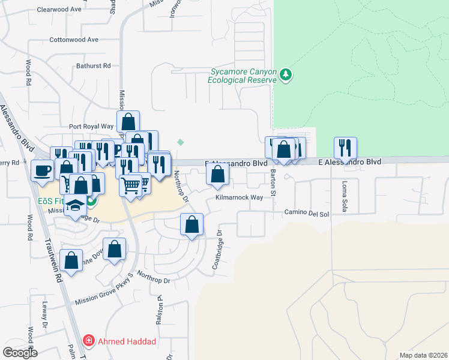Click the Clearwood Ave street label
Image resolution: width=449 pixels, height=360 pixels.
(x=59, y=10)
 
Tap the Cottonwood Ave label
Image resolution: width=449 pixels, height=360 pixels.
(x=74, y=40)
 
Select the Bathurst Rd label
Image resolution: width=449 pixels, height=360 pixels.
(x=94, y=65)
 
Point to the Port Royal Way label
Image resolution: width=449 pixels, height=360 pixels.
(x=91, y=127)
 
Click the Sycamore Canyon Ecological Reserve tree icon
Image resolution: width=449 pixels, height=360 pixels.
(x=287, y=74)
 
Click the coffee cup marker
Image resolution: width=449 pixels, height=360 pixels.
(x=42, y=170)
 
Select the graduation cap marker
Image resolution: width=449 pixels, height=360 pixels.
(x=75, y=205)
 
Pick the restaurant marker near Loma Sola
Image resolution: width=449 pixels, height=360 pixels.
(x=345, y=147)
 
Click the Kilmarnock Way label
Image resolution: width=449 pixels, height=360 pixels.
(x=240, y=197)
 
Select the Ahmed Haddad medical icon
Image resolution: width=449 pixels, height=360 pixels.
(x=89, y=341)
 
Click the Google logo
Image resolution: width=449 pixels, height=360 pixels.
(x=19, y=352)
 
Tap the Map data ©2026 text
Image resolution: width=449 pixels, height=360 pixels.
(x=423, y=355)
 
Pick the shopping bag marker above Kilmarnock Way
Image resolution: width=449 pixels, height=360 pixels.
(x=217, y=174)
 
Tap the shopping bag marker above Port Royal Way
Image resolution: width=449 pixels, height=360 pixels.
(x=128, y=121)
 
